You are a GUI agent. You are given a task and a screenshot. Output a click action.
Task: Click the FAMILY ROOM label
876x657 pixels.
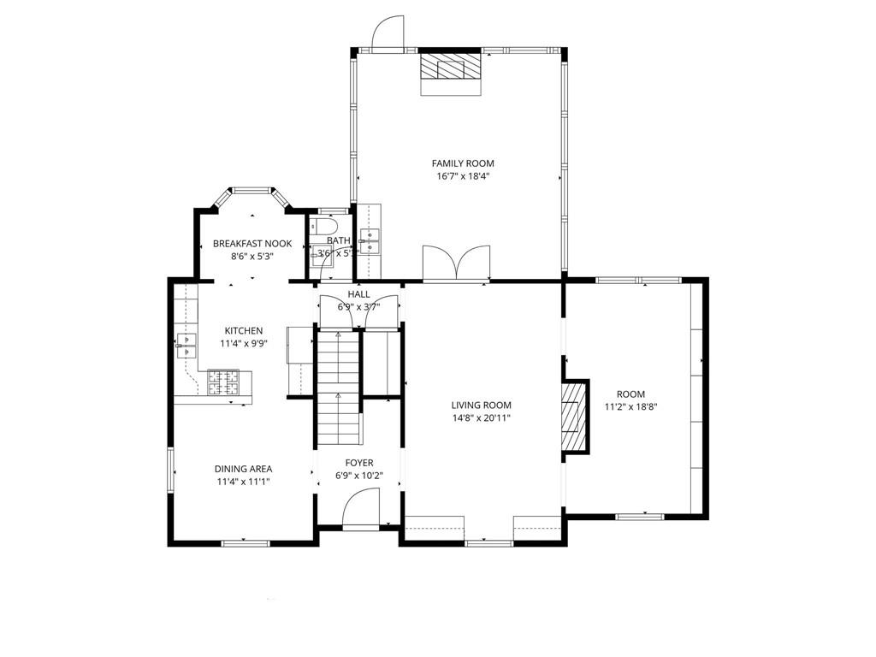click(x=462, y=163)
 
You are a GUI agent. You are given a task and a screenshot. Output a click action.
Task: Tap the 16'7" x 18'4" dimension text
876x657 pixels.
click(x=462, y=176)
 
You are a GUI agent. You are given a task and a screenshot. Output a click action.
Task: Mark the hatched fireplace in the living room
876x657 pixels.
click(x=574, y=416)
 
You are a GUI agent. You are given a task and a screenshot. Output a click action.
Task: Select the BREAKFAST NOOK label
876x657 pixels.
click(x=252, y=244)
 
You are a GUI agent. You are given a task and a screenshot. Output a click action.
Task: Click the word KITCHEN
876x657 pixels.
click(x=244, y=331)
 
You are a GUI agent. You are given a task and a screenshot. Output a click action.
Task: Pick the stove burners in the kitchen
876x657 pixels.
click(x=223, y=382)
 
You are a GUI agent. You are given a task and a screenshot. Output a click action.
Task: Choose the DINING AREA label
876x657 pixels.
click(x=243, y=469)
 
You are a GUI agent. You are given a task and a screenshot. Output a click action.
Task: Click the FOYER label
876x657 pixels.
click(x=359, y=463)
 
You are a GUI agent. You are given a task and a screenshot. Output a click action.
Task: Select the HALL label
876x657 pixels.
click(x=358, y=294)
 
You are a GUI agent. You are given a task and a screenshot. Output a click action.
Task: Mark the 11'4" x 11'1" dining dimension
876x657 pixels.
click(x=243, y=482)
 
